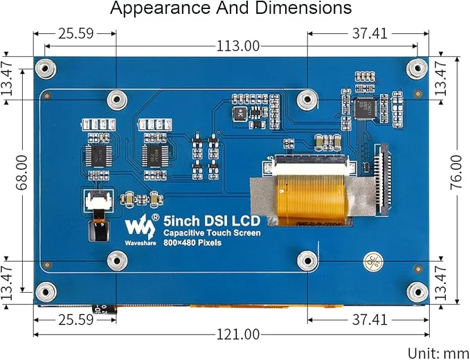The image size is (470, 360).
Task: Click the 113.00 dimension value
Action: [237, 46]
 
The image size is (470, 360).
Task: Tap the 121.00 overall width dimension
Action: [237, 334]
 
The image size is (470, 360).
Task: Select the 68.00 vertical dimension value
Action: [22, 172]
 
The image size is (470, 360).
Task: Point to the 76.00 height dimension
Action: [456, 172]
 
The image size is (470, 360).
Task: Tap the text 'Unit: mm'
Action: [437, 353]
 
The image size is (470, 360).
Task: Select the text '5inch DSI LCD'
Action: [212, 222]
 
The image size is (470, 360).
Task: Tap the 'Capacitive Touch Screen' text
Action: [212, 233]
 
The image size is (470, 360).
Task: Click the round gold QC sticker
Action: [373, 260]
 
